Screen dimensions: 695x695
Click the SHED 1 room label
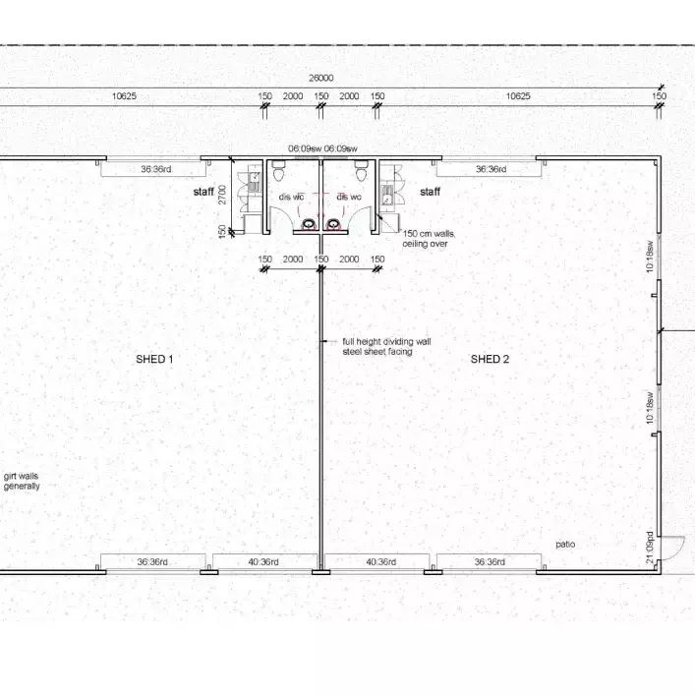coord(154,360)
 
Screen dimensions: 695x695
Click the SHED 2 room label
coord(490,360)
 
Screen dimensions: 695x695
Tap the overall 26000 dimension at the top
coord(320,78)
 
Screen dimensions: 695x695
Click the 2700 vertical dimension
coord(224,195)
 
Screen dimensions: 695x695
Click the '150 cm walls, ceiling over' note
coord(428,238)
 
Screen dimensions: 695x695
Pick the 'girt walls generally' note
coord(21,481)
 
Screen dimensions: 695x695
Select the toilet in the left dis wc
coord(278,173)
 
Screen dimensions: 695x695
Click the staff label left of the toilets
coord(203,192)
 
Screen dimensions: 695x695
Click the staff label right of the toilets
coord(431,192)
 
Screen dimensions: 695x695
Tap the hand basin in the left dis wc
coord(309,224)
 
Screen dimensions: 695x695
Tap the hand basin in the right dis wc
coord(334,224)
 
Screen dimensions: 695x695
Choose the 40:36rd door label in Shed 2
coord(379,562)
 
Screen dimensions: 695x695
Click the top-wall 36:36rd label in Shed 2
coord(490,169)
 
